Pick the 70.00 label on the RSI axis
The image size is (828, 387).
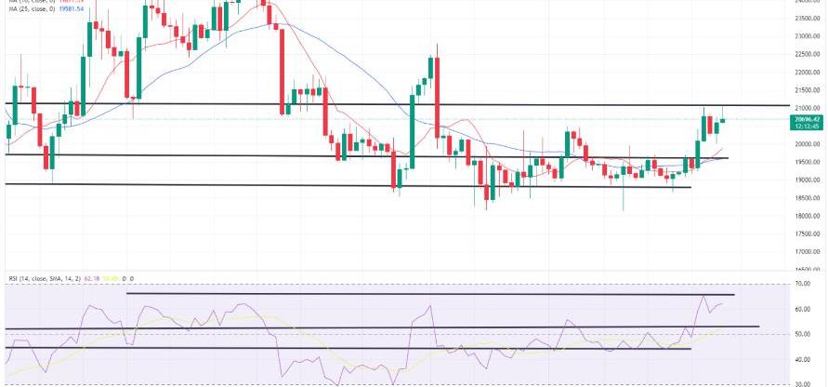click(814, 283)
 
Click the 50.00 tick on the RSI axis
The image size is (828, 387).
click(814, 334)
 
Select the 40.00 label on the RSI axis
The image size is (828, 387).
click(814, 359)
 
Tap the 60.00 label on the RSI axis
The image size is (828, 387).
click(814, 309)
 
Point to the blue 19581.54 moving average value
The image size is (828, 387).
click(83, 10)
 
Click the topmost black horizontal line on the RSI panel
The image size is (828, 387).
click(427, 294)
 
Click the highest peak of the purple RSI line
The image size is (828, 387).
click(703, 298)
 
